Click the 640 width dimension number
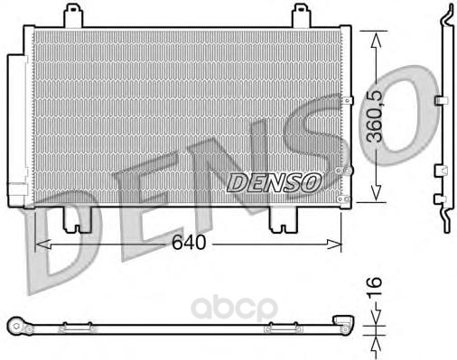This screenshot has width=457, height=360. [189, 242]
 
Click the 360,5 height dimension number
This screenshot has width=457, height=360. [376, 116]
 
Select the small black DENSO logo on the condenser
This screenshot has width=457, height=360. [274, 183]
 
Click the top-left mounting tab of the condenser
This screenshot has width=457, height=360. [73, 15]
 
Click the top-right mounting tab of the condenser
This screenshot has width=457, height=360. [302, 15]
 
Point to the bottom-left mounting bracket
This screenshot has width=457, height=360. [77, 220]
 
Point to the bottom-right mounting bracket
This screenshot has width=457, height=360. [284, 220]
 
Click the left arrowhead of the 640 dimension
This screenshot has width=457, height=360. [42, 245]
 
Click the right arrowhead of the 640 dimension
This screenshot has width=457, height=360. [334, 245]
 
